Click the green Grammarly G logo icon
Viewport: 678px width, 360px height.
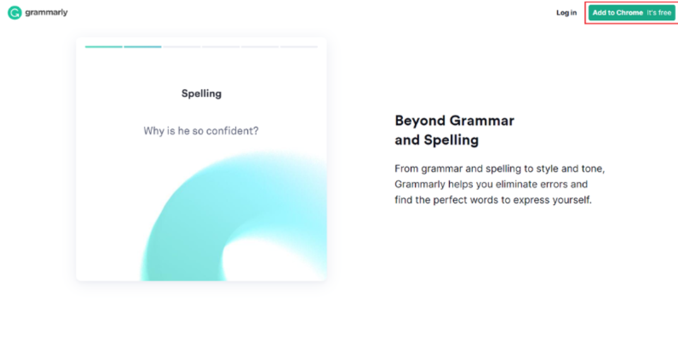tap(15, 13)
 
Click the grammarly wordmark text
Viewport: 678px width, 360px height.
tap(46, 13)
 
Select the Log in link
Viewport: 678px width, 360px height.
tap(566, 13)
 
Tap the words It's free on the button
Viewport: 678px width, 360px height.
tap(659, 13)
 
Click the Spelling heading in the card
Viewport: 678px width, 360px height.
tap(201, 94)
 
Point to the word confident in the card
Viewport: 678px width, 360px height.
tap(232, 131)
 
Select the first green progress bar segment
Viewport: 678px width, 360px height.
tap(104, 47)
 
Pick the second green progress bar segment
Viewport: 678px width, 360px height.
tap(143, 47)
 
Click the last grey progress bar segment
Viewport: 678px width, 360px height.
tap(299, 47)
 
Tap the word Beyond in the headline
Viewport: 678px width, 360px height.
tap(420, 120)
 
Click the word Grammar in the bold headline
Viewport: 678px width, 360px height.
tap(482, 120)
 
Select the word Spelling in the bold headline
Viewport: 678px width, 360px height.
tap(451, 140)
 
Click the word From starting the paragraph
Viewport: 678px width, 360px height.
tap(406, 168)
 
